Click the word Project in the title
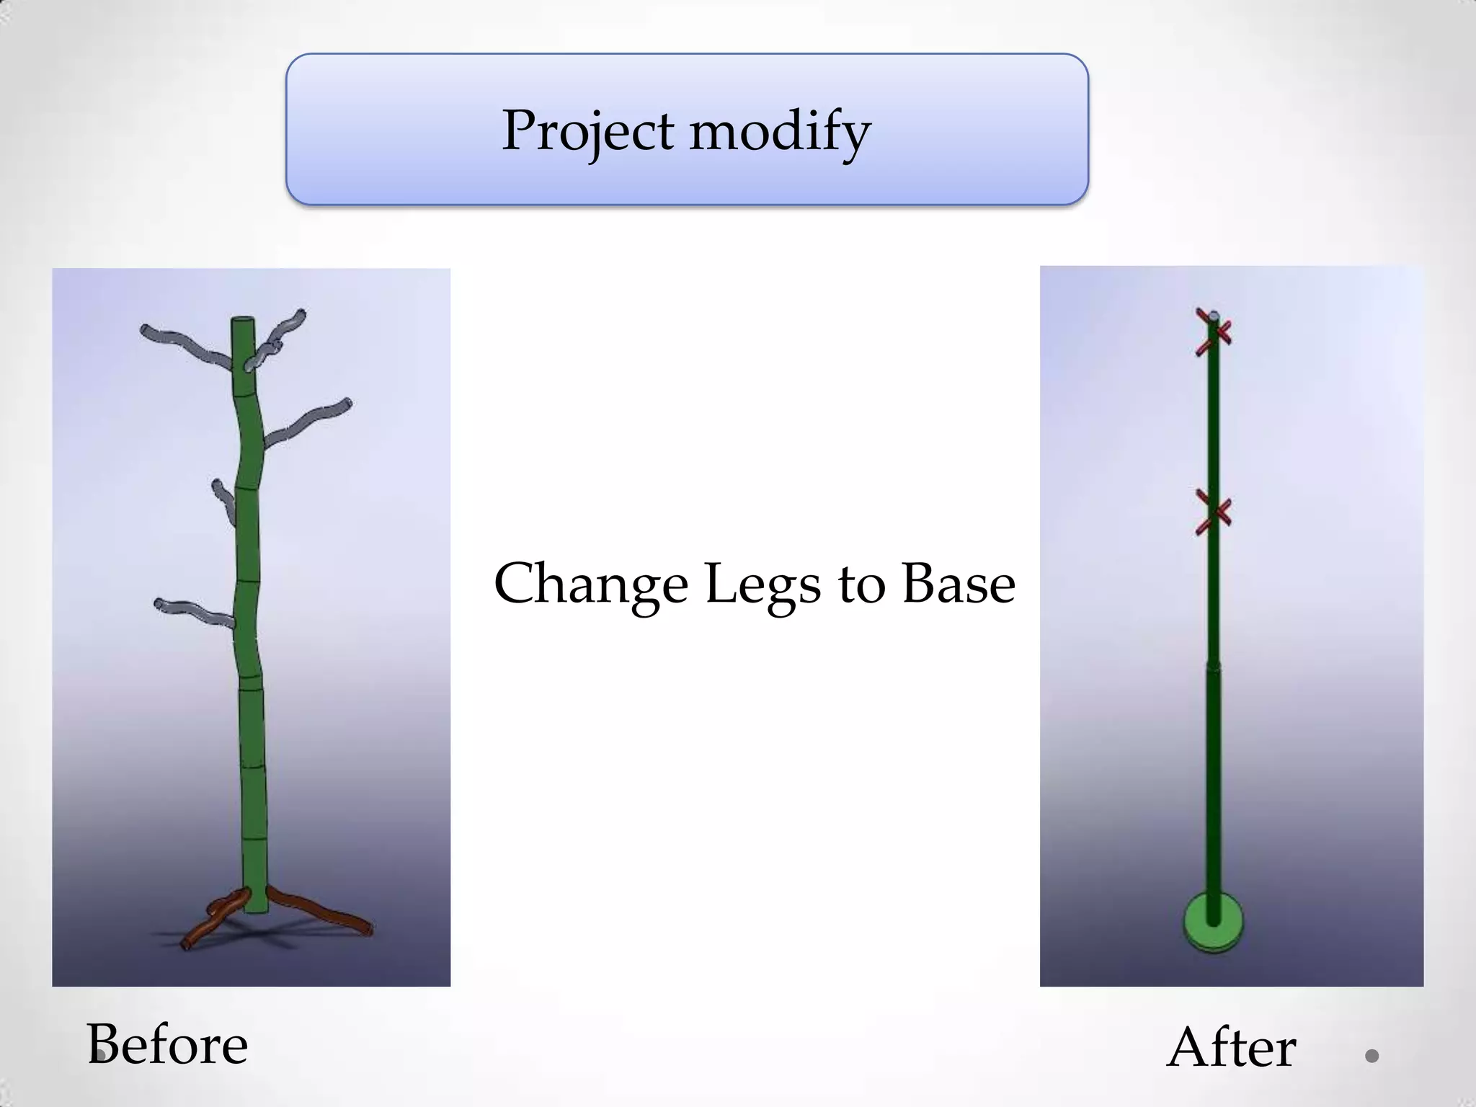coord(588,131)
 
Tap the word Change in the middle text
coord(590,584)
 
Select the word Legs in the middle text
coord(763,584)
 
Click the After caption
coord(1231,1046)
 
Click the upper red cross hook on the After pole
coord(1214,332)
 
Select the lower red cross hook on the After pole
coord(1214,512)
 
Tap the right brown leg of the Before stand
coord(324,912)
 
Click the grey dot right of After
coord(1371,1056)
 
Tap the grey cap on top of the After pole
coord(1214,316)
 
